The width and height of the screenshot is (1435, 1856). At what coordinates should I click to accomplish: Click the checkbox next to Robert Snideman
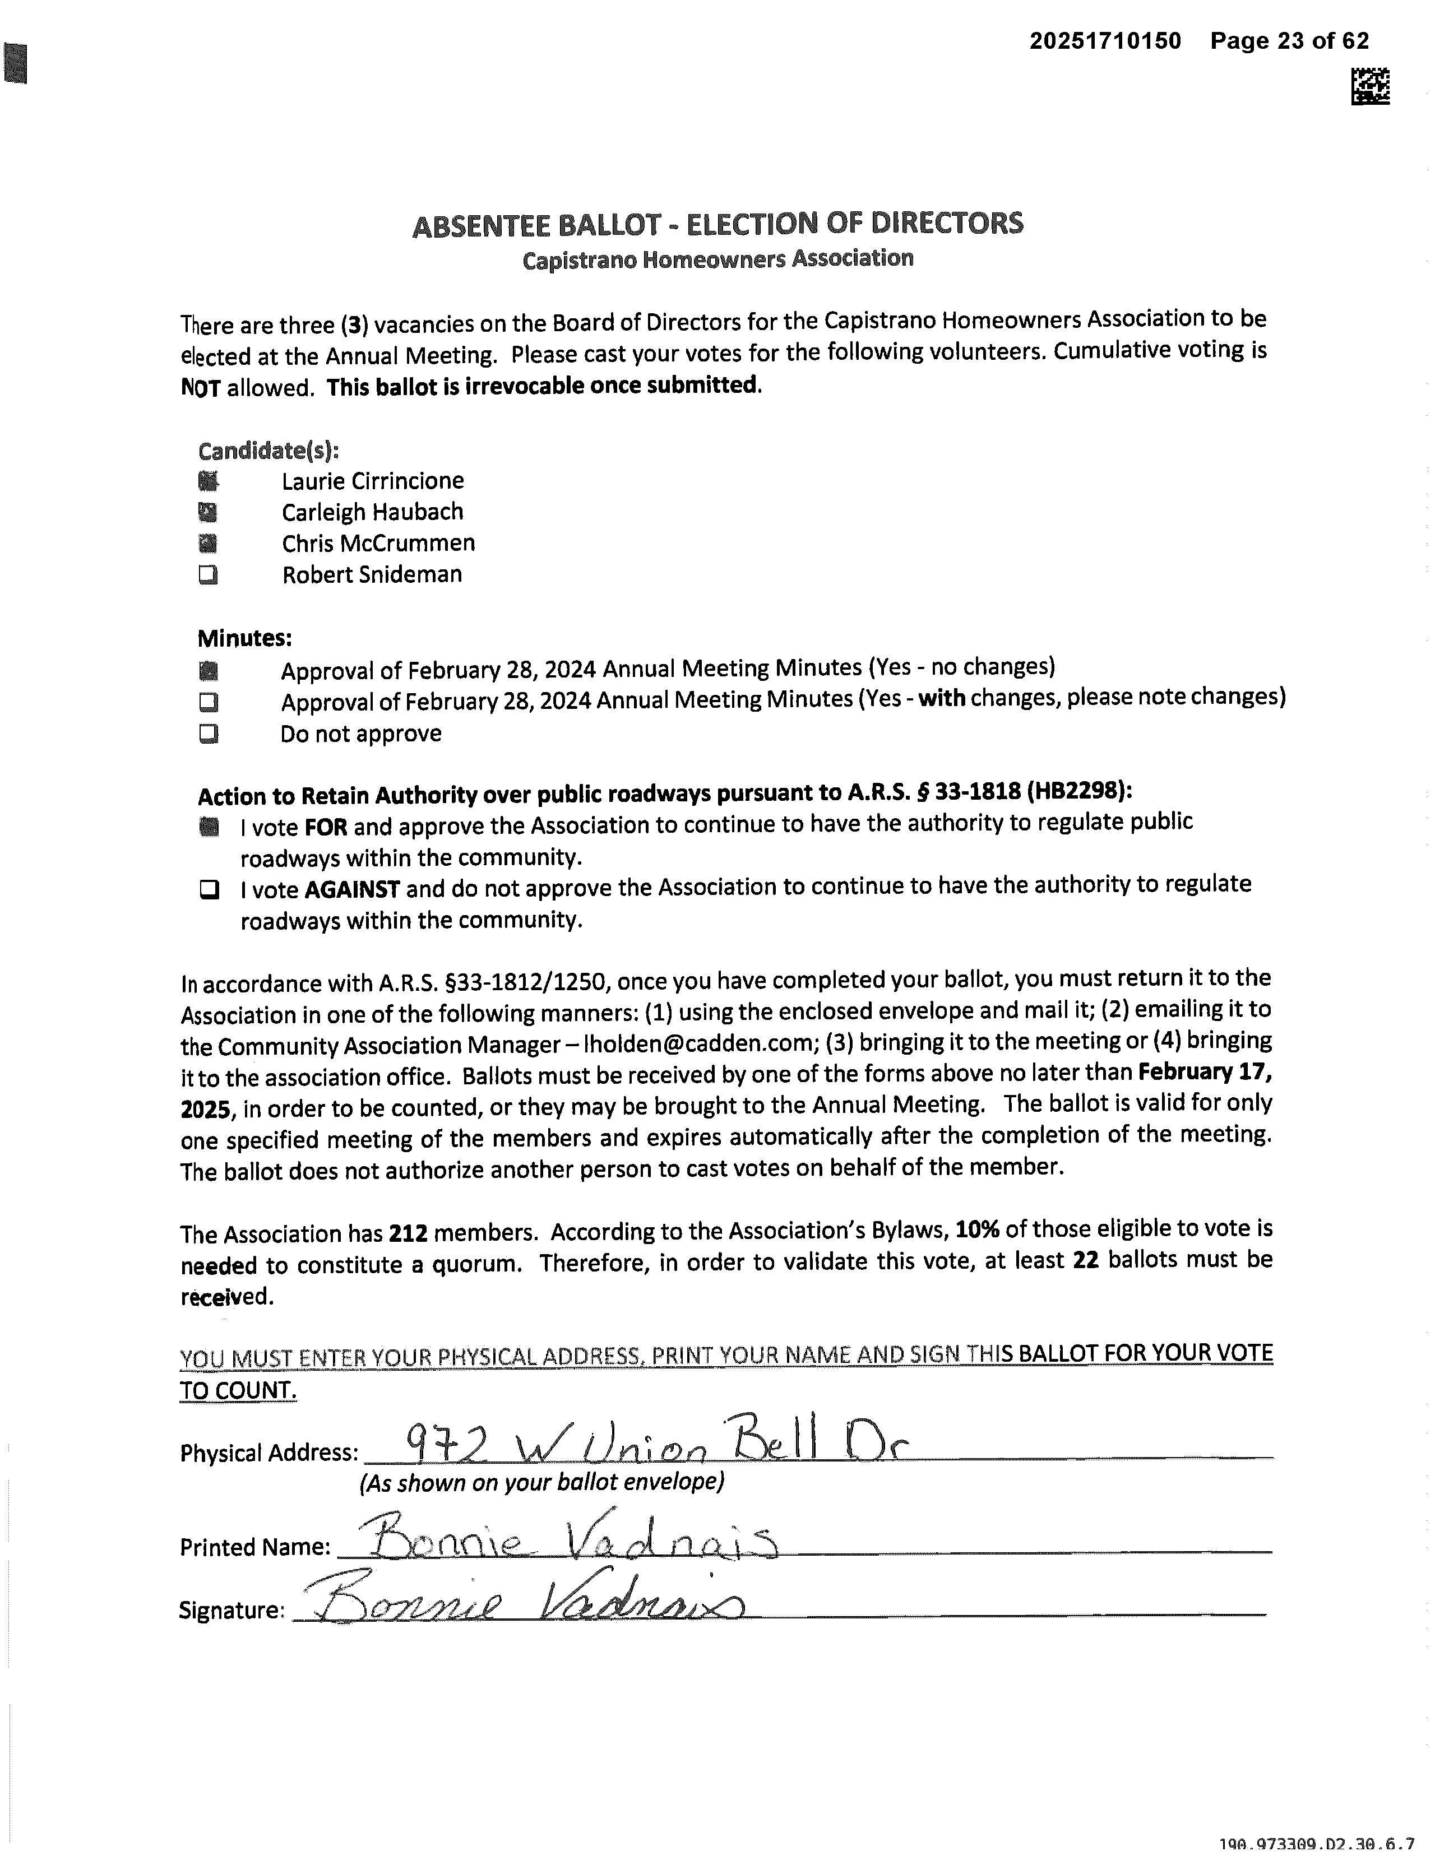pyautogui.click(x=209, y=576)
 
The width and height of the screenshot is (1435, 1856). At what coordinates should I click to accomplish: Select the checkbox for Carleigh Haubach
pyautogui.click(x=209, y=512)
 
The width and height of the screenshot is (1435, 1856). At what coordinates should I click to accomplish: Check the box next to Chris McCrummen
pyautogui.click(x=209, y=544)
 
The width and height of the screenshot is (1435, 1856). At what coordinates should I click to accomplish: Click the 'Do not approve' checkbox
pyautogui.click(x=209, y=734)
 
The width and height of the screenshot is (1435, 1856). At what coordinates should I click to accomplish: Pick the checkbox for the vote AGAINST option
pyautogui.click(x=209, y=890)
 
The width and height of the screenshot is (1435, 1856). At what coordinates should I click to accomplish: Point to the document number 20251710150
pyautogui.click(x=1105, y=41)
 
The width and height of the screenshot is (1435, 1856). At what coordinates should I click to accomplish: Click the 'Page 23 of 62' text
pyautogui.click(x=1290, y=41)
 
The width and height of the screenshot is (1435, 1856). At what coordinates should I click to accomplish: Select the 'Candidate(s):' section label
pyautogui.click(x=268, y=451)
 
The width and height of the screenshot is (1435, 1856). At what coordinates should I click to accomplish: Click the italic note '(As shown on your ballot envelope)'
pyautogui.click(x=541, y=1483)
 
